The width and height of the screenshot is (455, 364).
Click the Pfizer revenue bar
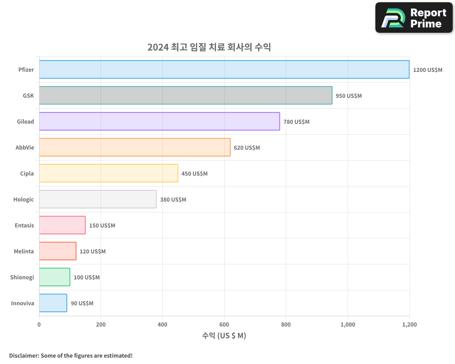coord(224,70)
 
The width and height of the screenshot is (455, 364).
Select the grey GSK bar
coord(186,96)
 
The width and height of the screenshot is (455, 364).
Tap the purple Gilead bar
coord(159,121)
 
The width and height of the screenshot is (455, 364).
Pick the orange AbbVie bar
coord(135,147)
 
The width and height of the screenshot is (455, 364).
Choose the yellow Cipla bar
coord(108,173)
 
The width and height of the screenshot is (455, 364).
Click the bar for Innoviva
coord(53,303)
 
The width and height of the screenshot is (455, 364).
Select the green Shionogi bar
coord(55,277)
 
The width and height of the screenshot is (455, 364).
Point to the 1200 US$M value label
coord(428,70)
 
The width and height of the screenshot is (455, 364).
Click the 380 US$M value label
coord(173,200)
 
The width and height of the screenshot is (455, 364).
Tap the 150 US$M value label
coord(102,226)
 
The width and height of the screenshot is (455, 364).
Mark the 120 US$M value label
coord(92,252)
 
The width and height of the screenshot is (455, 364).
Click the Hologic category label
coord(24,200)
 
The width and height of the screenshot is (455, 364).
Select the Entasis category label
coord(25,226)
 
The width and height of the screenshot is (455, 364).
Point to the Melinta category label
coord(24,252)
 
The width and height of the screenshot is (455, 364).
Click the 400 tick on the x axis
coord(162,325)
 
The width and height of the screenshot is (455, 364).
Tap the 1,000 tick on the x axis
coord(348,325)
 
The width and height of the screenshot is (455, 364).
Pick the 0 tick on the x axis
coord(39,325)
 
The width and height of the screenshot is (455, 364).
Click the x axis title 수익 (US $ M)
coord(224,336)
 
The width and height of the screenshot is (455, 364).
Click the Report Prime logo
coord(414,18)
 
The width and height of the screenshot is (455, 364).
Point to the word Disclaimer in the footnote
coord(24,355)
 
